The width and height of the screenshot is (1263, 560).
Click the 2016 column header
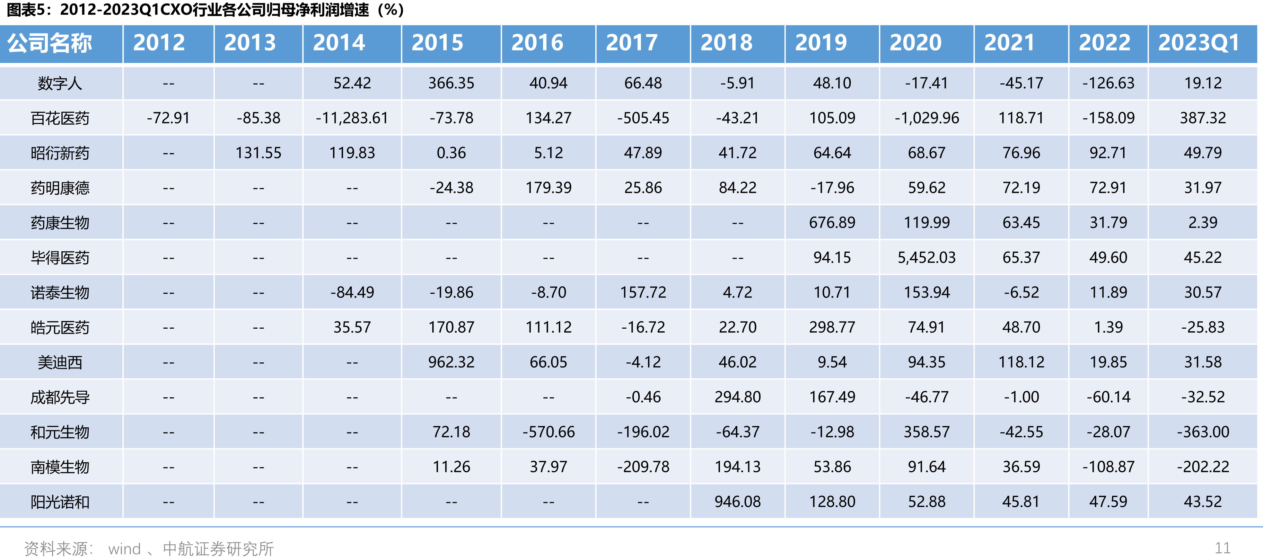click(537, 43)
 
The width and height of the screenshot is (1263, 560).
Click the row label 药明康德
click(60, 188)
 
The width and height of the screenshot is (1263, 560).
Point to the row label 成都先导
click(60, 397)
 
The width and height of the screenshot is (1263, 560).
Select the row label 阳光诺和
click(60, 502)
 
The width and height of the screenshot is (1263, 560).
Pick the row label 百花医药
click(60, 118)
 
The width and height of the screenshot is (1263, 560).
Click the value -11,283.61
click(352, 118)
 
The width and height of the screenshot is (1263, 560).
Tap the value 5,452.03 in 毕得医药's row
click(927, 257)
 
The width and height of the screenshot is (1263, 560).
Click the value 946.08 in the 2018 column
click(737, 502)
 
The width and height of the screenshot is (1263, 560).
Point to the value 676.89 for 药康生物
click(832, 223)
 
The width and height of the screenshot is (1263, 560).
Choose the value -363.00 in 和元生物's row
click(1203, 432)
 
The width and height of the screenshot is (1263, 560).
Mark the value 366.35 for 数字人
click(451, 83)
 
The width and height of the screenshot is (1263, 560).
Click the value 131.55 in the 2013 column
click(259, 153)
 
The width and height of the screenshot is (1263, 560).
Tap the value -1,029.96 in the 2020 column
click(927, 118)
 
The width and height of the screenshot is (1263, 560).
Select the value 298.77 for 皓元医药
click(832, 327)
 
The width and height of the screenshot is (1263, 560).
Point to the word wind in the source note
click(125, 549)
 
